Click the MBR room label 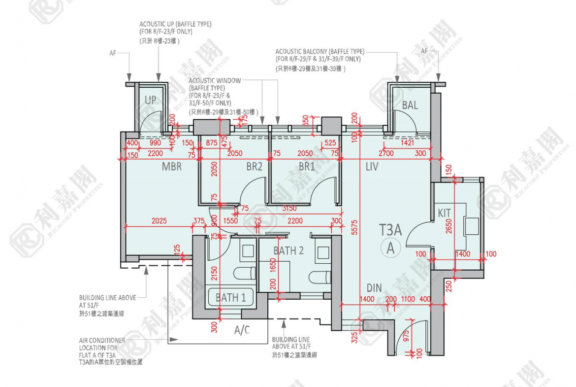pos(172,167)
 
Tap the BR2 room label pos(255,167)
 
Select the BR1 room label pos(307,167)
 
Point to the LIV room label pos(372,167)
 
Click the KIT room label pos(445,213)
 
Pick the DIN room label pos(374,288)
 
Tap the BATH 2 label pos(288,250)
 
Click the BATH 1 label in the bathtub pos(230,297)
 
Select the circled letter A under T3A pos(391,248)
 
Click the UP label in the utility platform pos(150,100)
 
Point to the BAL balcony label pos(410,105)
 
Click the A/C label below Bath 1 pos(241,330)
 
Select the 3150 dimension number pos(289,209)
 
